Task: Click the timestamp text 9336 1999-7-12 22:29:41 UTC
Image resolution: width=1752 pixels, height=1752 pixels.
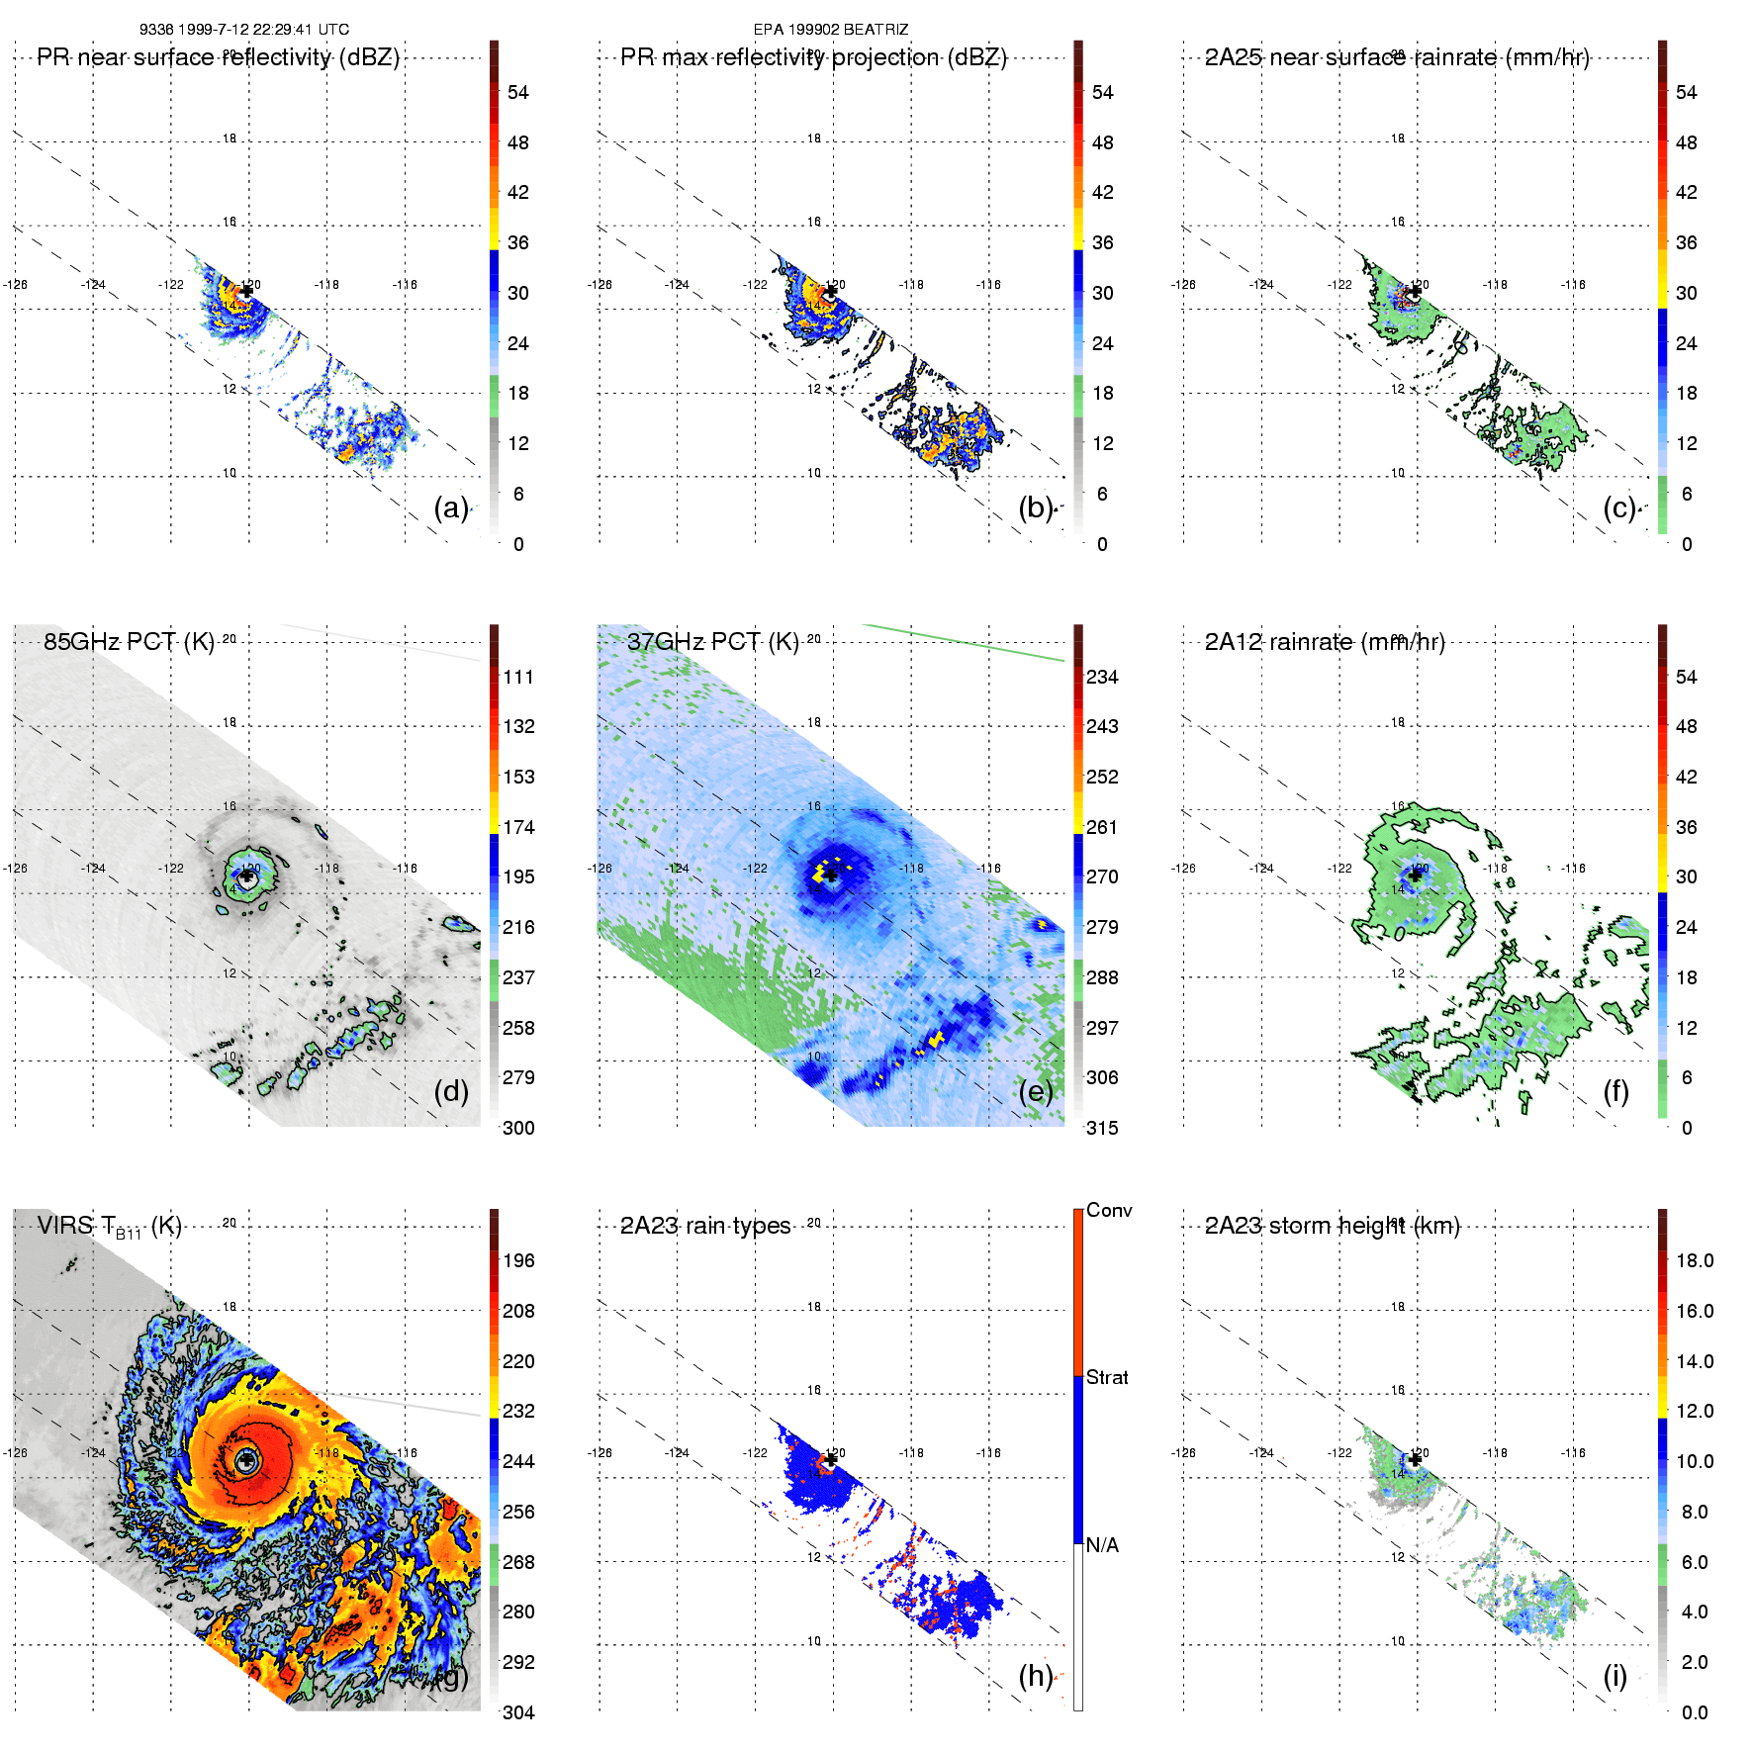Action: [x=243, y=30]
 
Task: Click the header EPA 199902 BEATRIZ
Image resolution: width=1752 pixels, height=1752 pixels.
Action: [x=830, y=30]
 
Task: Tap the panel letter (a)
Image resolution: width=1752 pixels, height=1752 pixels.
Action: [x=451, y=507]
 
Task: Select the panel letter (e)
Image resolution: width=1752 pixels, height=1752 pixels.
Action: [x=1036, y=1091]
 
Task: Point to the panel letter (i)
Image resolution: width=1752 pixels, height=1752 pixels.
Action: [x=1614, y=1676]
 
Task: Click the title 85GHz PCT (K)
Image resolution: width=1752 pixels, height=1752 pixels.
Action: [x=129, y=642]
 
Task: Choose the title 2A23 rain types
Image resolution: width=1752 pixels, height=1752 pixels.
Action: [x=705, y=1226]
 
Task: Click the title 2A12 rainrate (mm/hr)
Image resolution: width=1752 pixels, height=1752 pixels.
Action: [x=1325, y=642]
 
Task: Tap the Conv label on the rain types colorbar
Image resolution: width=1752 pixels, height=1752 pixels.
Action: [x=1109, y=1210]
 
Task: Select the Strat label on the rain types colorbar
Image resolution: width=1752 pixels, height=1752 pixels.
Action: [x=1107, y=1377]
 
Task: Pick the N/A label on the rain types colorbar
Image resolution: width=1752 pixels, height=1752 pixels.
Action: [x=1102, y=1545]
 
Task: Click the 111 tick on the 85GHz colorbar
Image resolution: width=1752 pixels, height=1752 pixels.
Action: [x=518, y=677]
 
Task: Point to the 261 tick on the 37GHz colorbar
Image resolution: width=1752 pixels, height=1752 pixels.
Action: [x=1102, y=827]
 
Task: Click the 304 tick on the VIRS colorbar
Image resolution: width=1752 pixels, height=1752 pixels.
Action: [x=518, y=1712]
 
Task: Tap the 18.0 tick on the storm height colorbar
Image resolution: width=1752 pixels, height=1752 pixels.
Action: [x=1695, y=1260]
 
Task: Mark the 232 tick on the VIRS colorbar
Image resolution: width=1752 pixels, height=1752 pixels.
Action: [x=518, y=1411]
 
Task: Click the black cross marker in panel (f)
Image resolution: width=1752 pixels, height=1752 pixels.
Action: [x=1415, y=876]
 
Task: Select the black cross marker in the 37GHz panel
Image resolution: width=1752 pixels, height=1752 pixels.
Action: [x=831, y=876]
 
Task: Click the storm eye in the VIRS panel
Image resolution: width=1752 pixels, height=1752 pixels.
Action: [x=246, y=1460]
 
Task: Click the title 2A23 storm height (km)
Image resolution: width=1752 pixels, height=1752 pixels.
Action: [x=1332, y=1226]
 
